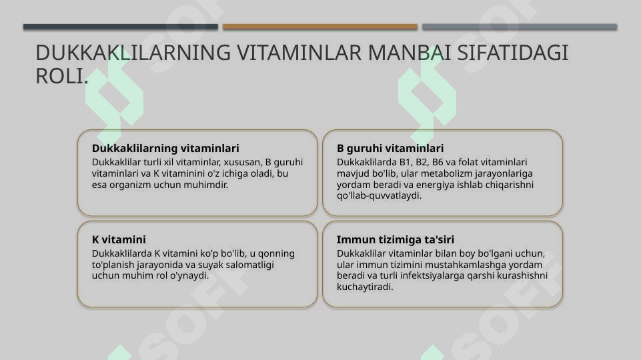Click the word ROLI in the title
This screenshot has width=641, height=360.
pyautogui.click(x=60, y=76)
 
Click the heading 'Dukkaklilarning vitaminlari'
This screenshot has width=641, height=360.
pyautogui.click(x=165, y=148)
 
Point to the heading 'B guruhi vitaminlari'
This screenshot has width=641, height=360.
pyautogui.click(x=390, y=148)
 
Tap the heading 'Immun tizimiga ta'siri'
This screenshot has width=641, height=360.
pyautogui.click(x=396, y=239)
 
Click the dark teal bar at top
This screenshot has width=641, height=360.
pyautogui.click(x=121, y=27)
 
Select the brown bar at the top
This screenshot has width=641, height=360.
pyautogui.click(x=320, y=27)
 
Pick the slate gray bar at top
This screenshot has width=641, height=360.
pyautogui.click(x=520, y=27)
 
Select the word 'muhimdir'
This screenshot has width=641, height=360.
pyautogui.click(x=207, y=185)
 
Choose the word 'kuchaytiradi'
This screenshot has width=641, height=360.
pyautogui.click(x=365, y=287)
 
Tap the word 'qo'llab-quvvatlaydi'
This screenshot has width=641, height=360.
pyautogui.click(x=379, y=196)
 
